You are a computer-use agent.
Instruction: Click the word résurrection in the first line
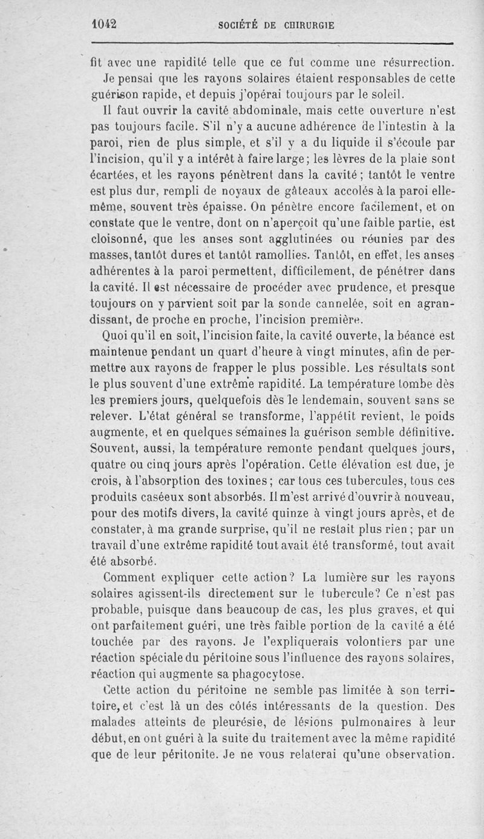[x=410, y=62]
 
